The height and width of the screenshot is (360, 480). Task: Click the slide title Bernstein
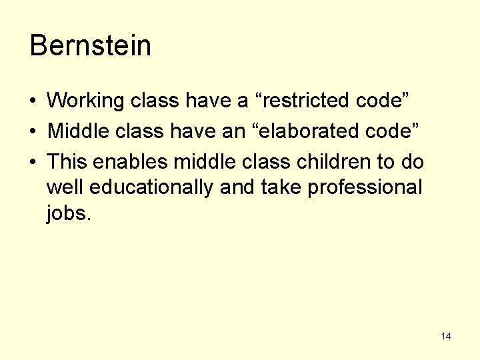point(91,46)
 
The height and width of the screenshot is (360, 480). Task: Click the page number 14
point(446,336)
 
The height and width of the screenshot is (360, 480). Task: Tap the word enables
point(130,161)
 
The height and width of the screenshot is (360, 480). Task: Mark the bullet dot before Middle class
point(33,132)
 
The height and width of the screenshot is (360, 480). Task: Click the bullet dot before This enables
point(33,162)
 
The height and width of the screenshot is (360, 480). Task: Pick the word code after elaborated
point(396,131)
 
